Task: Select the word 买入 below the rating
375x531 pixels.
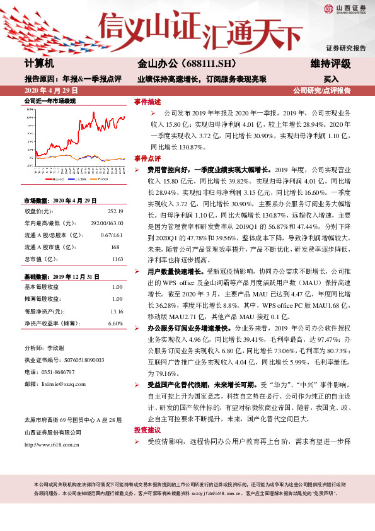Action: click(332, 79)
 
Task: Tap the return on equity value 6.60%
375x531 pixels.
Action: click(115, 323)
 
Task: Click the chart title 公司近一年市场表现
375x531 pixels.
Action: click(50, 101)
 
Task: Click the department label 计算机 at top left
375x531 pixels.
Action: click(39, 64)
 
